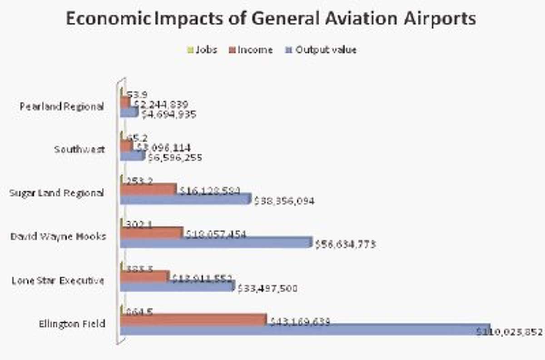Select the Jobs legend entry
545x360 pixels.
tap(203, 50)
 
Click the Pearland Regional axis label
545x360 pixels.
tap(62, 107)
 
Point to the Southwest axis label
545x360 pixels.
tap(79, 150)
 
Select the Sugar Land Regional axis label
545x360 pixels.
tap(57, 193)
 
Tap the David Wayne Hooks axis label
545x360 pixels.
tap(58, 236)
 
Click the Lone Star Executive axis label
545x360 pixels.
tap(58, 280)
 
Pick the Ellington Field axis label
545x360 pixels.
tap(72, 324)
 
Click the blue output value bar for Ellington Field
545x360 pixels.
tap(304, 330)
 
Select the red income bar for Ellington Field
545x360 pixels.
tap(193, 320)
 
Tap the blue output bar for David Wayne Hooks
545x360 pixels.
tap(216, 243)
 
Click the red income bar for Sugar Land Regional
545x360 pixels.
tap(148, 189)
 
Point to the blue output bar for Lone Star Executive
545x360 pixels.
tap(177, 286)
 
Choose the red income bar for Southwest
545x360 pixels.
tap(126, 146)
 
